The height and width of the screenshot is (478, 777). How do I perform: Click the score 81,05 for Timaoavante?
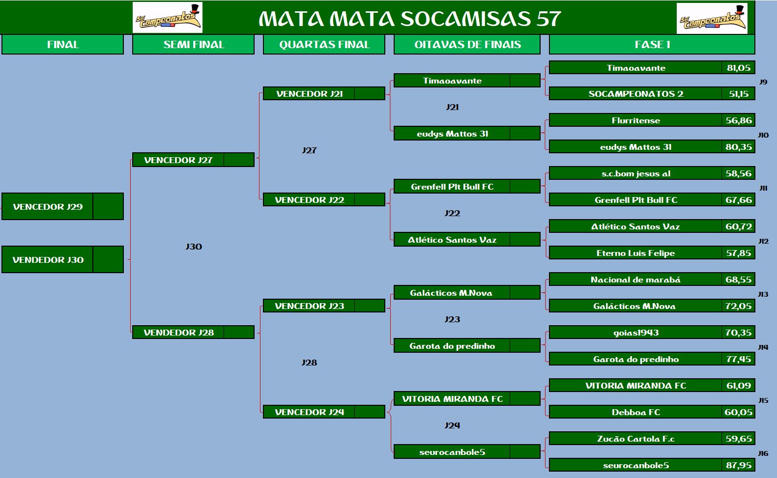click(x=739, y=68)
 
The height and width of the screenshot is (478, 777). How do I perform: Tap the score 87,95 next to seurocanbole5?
click(x=739, y=465)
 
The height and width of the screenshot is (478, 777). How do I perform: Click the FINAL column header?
click(x=63, y=44)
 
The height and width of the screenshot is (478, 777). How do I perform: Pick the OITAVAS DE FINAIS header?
click(x=467, y=44)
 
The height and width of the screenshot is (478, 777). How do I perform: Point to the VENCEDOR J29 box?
click(x=63, y=207)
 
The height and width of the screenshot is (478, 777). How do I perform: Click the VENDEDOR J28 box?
click(x=193, y=333)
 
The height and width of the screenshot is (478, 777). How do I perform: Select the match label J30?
click(x=194, y=247)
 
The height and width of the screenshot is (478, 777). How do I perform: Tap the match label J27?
click(x=309, y=150)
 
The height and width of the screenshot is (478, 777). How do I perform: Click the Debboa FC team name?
click(x=636, y=412)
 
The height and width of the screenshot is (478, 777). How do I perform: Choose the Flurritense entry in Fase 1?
click(x=636, y=120)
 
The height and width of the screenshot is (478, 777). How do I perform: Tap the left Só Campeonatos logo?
click(x=168, y=17)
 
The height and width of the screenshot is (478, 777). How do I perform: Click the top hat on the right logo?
click(x=738, y=10)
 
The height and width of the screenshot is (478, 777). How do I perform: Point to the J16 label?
click(x=763, y=453)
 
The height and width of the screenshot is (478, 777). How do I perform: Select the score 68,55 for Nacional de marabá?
click(x=739, y=280)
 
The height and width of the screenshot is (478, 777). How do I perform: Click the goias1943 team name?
click(x=636, y=333)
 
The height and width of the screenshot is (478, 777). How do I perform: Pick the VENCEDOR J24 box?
click(x=324, y=412)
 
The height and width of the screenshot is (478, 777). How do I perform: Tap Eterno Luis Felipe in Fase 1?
click(x=635, y=253)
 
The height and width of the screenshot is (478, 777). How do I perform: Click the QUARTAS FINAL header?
click(x=324, y=44)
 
